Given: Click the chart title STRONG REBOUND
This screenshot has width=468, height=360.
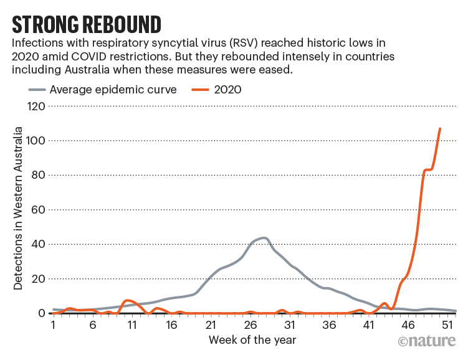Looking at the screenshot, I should point(87,24).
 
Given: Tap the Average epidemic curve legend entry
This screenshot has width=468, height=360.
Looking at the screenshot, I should point(103,90).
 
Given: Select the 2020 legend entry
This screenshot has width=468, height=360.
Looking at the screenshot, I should point(227,90).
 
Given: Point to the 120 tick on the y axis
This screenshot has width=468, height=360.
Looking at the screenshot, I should point(36,107).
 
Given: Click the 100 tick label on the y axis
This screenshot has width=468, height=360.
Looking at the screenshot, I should point(36,141).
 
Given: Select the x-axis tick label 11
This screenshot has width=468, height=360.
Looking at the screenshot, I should point(132,325).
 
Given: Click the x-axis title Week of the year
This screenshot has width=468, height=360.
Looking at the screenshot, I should point(252,340).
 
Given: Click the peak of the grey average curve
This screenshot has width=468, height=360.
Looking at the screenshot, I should point(264,238).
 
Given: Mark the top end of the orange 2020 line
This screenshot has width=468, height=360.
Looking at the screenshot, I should point(440,129).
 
